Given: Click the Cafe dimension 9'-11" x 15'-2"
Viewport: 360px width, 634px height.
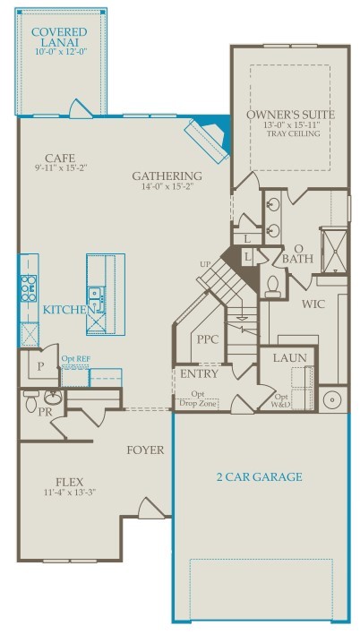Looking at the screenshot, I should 61,167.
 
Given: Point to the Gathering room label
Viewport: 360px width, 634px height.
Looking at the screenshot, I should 167,176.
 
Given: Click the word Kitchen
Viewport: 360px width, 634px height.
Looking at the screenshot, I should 66,309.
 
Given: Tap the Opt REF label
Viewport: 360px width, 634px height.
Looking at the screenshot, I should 75,359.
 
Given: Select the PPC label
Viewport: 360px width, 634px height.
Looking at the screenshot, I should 208,340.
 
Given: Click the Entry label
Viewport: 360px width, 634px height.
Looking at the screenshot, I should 199,373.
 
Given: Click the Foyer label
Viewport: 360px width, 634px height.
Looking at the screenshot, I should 145,450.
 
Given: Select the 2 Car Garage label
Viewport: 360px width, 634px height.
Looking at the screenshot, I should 260,476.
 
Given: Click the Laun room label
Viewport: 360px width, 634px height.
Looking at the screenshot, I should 289,358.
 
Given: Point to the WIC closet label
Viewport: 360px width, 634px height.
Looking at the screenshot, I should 313,304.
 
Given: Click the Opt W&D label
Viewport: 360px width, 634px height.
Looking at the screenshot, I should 282,400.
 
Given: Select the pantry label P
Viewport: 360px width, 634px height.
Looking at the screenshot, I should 41,365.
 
